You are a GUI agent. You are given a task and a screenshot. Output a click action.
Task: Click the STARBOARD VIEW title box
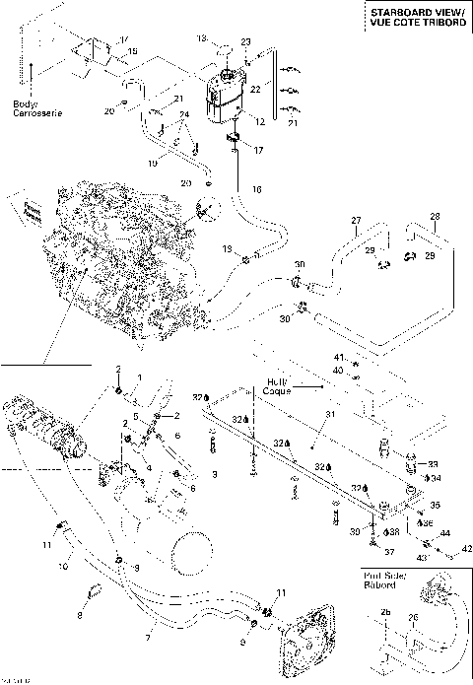click(413, 17)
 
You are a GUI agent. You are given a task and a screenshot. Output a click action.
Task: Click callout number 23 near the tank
click(246, 41)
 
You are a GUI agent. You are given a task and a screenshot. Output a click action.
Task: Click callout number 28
click(434, 216)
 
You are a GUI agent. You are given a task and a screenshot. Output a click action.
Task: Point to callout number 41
click(336, 357)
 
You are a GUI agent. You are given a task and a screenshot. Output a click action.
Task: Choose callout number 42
click(466, 548)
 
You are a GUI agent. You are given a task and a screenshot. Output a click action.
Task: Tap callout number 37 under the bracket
click(389, 551)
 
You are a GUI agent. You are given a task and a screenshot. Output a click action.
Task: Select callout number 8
click(80, 615)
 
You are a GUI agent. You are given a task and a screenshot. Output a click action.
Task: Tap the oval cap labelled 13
click(224, 45)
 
